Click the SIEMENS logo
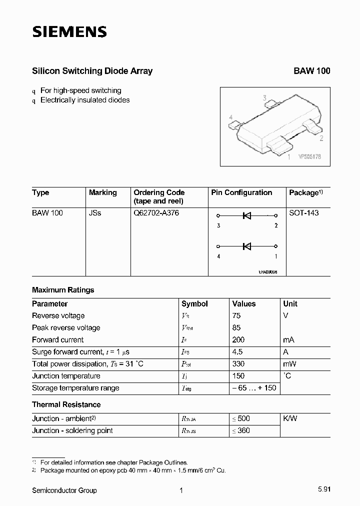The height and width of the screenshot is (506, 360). (69, 32)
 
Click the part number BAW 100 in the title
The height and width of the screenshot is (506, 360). (311, 71)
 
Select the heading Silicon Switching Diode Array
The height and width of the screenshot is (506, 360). (92, 71)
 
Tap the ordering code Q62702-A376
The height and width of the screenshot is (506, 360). (156, 213)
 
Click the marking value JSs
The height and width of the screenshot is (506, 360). (95, 213)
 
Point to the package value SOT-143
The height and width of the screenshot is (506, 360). (303, 213)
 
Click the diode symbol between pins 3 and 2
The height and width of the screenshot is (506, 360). (246, 216)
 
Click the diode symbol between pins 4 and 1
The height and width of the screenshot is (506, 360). (246, 246)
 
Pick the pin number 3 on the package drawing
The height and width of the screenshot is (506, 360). (265, 98)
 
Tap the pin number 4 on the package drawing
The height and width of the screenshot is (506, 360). (230, 117)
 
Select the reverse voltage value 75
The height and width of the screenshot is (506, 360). (236, 316)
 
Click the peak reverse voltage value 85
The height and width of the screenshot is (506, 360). (236, 328)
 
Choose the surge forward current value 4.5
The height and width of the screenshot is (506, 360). (238, 352)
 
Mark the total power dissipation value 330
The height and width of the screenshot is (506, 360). (238, 364)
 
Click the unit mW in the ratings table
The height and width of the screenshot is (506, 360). (289, 364)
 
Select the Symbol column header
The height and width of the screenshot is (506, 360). (194, 304)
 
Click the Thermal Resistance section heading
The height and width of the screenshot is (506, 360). (66, 404)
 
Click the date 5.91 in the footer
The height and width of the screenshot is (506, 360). (323, 490)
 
